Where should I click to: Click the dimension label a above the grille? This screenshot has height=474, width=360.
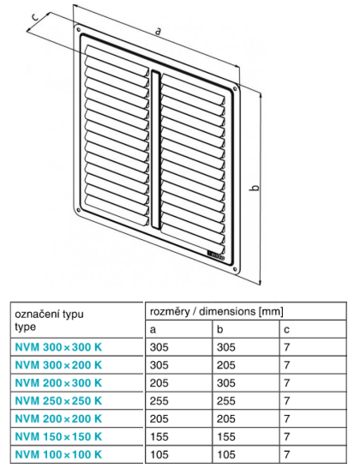[158, 31]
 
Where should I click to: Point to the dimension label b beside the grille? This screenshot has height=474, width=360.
[255, 187]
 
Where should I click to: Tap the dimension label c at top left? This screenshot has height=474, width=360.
[35, 17]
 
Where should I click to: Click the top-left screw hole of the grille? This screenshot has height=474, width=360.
[79, 30]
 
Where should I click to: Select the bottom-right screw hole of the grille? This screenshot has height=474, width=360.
[235, 268]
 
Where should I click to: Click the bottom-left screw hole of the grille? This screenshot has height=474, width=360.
[79, 210]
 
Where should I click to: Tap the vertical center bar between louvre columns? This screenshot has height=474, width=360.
[155, 149]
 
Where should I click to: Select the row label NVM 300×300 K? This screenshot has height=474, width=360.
[58, 347]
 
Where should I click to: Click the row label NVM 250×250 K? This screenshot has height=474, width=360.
[58, 401]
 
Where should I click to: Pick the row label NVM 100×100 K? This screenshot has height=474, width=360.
[58, 454]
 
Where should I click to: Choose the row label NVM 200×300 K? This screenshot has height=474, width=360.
[58, 383]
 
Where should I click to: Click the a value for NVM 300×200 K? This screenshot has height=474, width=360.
[159, 365]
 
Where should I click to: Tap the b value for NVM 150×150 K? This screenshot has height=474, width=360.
[226, 436]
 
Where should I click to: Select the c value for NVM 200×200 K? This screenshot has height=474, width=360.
[287, 418]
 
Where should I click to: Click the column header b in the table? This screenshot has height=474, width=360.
[219, 329]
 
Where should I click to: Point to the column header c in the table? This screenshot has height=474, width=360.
[286, 329]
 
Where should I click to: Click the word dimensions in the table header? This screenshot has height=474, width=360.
[227, 311]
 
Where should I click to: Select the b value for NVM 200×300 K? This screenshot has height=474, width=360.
[226, 383]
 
